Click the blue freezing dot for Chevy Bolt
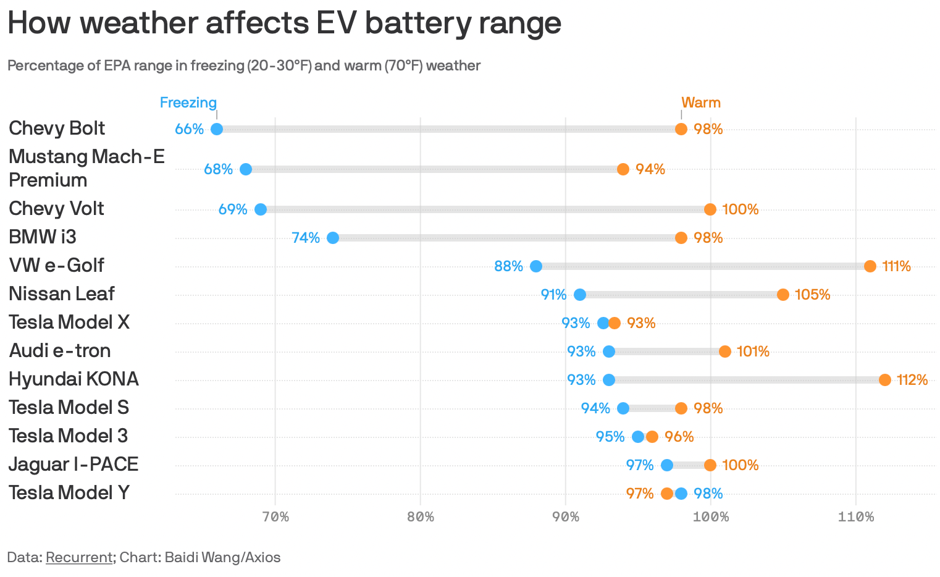click(217, 129)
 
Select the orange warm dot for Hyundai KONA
click(884, 380)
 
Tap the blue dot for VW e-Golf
click(536, 266)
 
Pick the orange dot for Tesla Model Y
click(667, 494)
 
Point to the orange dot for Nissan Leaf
click(783, 295)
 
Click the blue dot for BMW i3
click(333, 238)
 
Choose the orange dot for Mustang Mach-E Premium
click(623, 169)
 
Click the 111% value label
click(896, 266)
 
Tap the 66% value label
click(189, 129)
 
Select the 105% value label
click(812, 295)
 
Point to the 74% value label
click(306, 238)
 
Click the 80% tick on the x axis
click(421, 517)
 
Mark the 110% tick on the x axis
click(856, 517)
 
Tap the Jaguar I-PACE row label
click(73, 464)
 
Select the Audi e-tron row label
click(60, 350)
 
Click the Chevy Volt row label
click(56, 208)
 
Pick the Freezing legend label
click(188, 103)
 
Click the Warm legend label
click(701, 103)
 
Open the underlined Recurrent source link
click(78, 557)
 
